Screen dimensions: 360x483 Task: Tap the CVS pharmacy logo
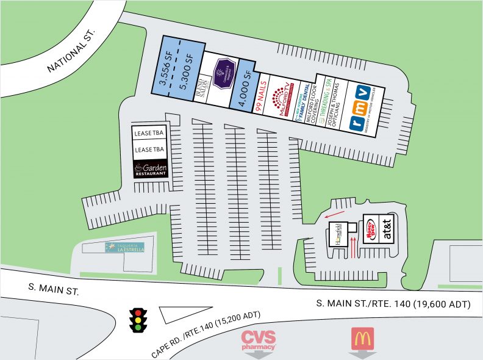coord(259,339)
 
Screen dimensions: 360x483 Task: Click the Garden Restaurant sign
coord(150,168)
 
